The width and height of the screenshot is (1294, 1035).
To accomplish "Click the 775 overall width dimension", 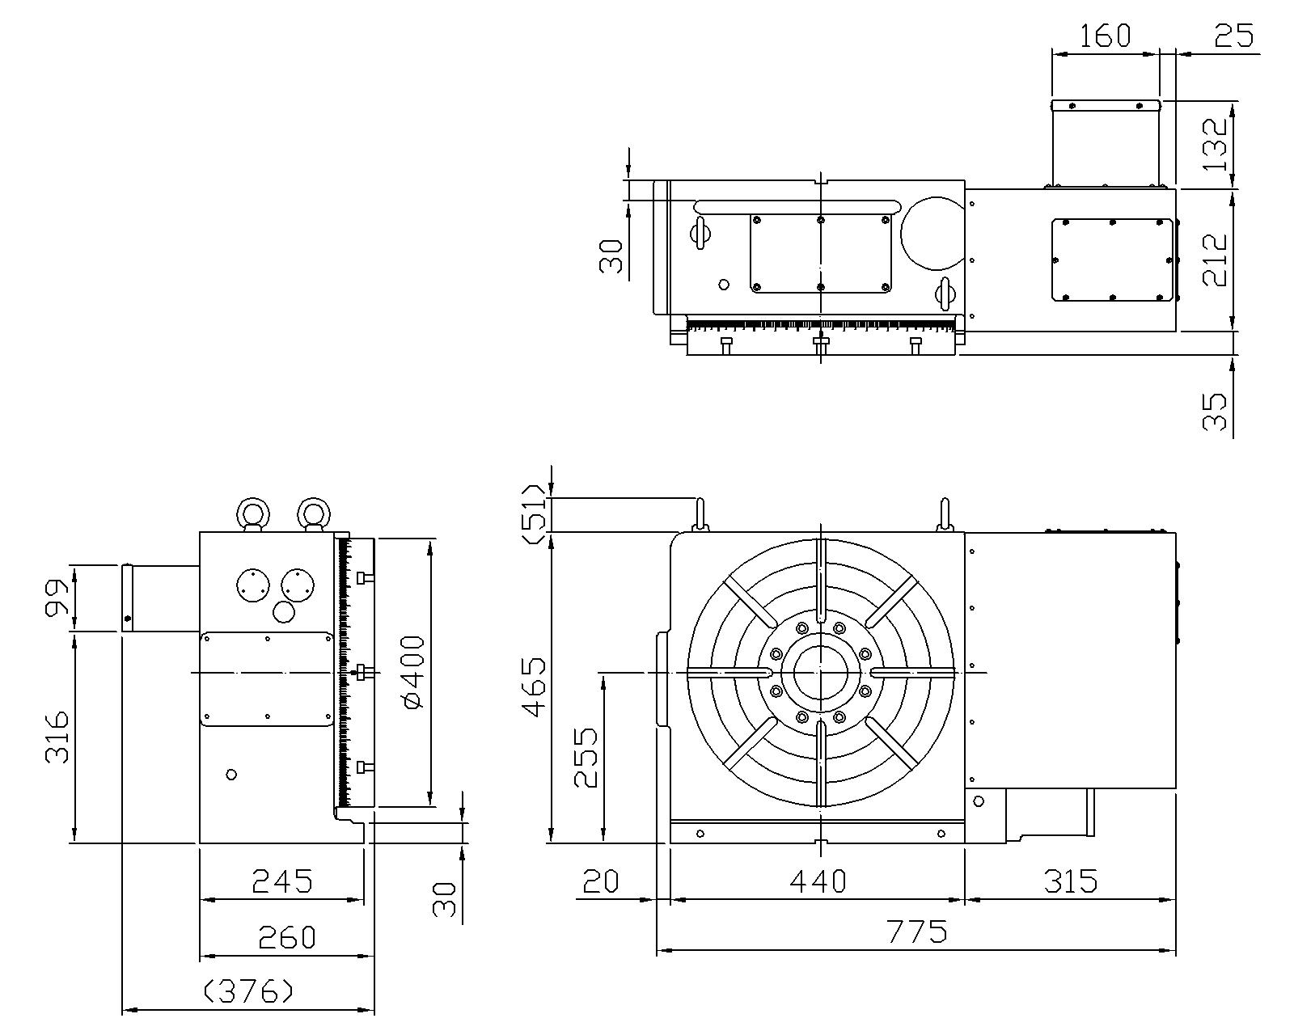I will tap(916, 932).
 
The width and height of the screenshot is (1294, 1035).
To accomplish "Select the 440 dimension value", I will tap(818, 881).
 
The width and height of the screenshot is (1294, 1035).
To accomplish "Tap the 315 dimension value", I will tap(1070, 881).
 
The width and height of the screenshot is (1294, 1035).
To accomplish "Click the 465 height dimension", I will tap(535, 687).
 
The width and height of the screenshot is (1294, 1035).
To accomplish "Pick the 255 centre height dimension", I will tap(586, 758).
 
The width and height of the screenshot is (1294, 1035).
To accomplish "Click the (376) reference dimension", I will tap(247, 991).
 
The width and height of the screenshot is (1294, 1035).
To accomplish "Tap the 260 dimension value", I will tap(286, 938).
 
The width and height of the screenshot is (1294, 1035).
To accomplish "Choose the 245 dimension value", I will tap(281, 881).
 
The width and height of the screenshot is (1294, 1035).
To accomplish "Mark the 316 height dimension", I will tap(57, 737).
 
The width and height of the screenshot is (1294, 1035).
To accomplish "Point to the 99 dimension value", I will tap(57, 598).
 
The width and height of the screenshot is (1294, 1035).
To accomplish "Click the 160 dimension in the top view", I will tap(1105, 36).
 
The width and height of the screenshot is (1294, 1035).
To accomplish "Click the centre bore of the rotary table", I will tap(820, 672).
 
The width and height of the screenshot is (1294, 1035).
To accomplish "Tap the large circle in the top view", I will tap(932, 232).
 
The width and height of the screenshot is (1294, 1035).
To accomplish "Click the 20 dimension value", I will tap(599, 881).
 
